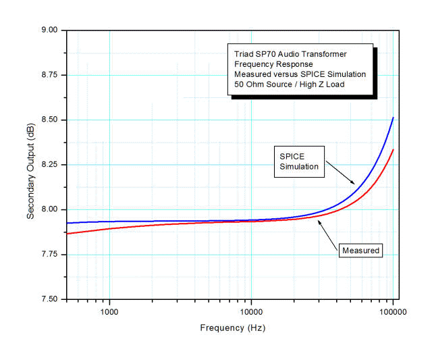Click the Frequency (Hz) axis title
coord(232,328)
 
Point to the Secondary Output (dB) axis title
coord(31,165)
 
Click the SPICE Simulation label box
coord(299,161)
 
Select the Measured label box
coord(361,251)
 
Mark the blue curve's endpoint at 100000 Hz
coord(393,118)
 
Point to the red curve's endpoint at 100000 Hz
coord(393,150)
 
